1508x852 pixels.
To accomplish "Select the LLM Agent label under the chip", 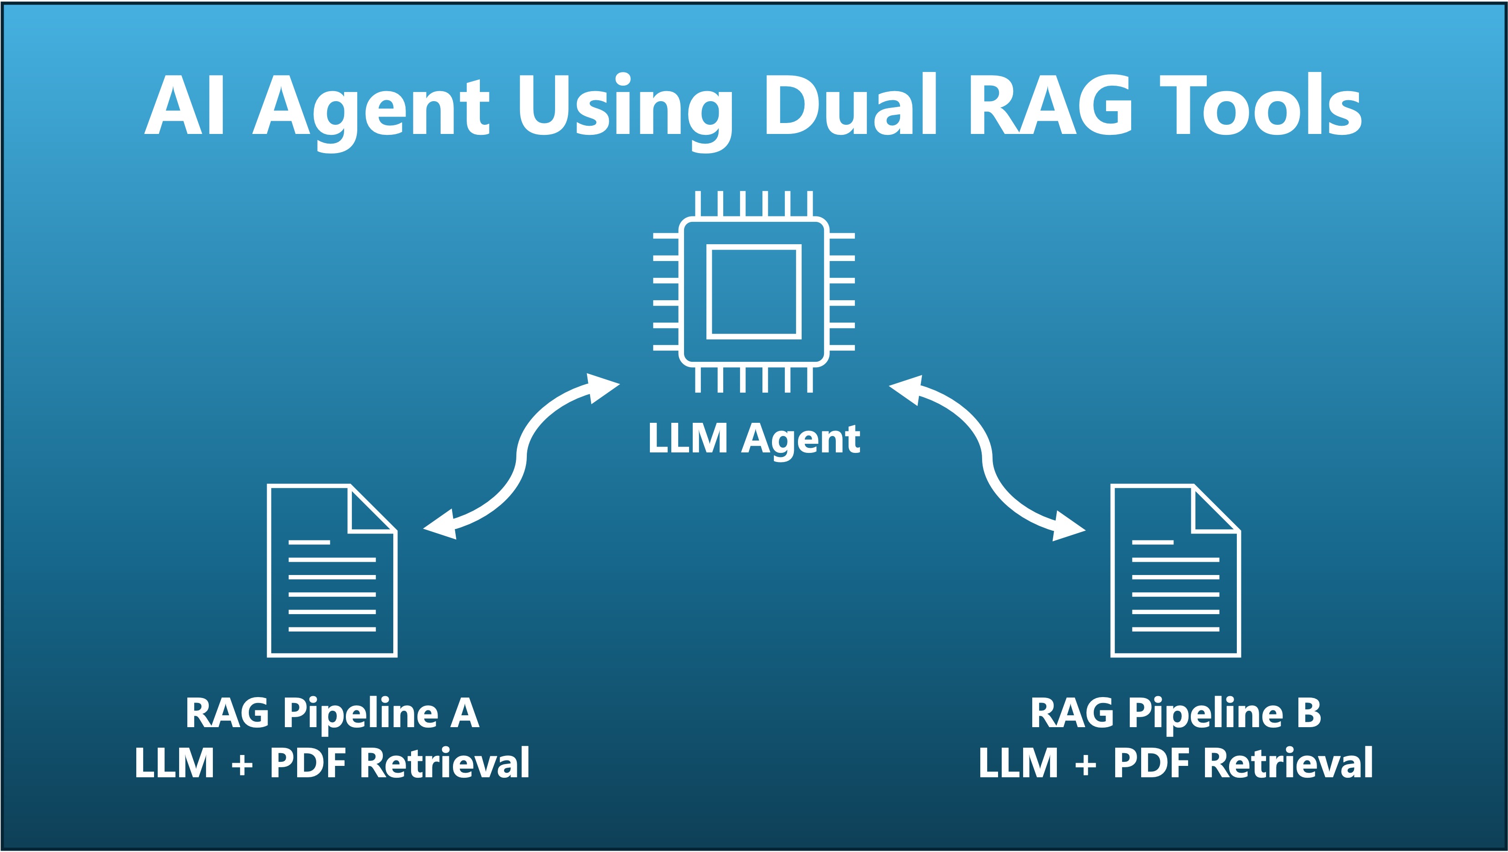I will click(754, 439).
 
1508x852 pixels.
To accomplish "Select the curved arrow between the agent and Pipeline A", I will click(521, 457).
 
